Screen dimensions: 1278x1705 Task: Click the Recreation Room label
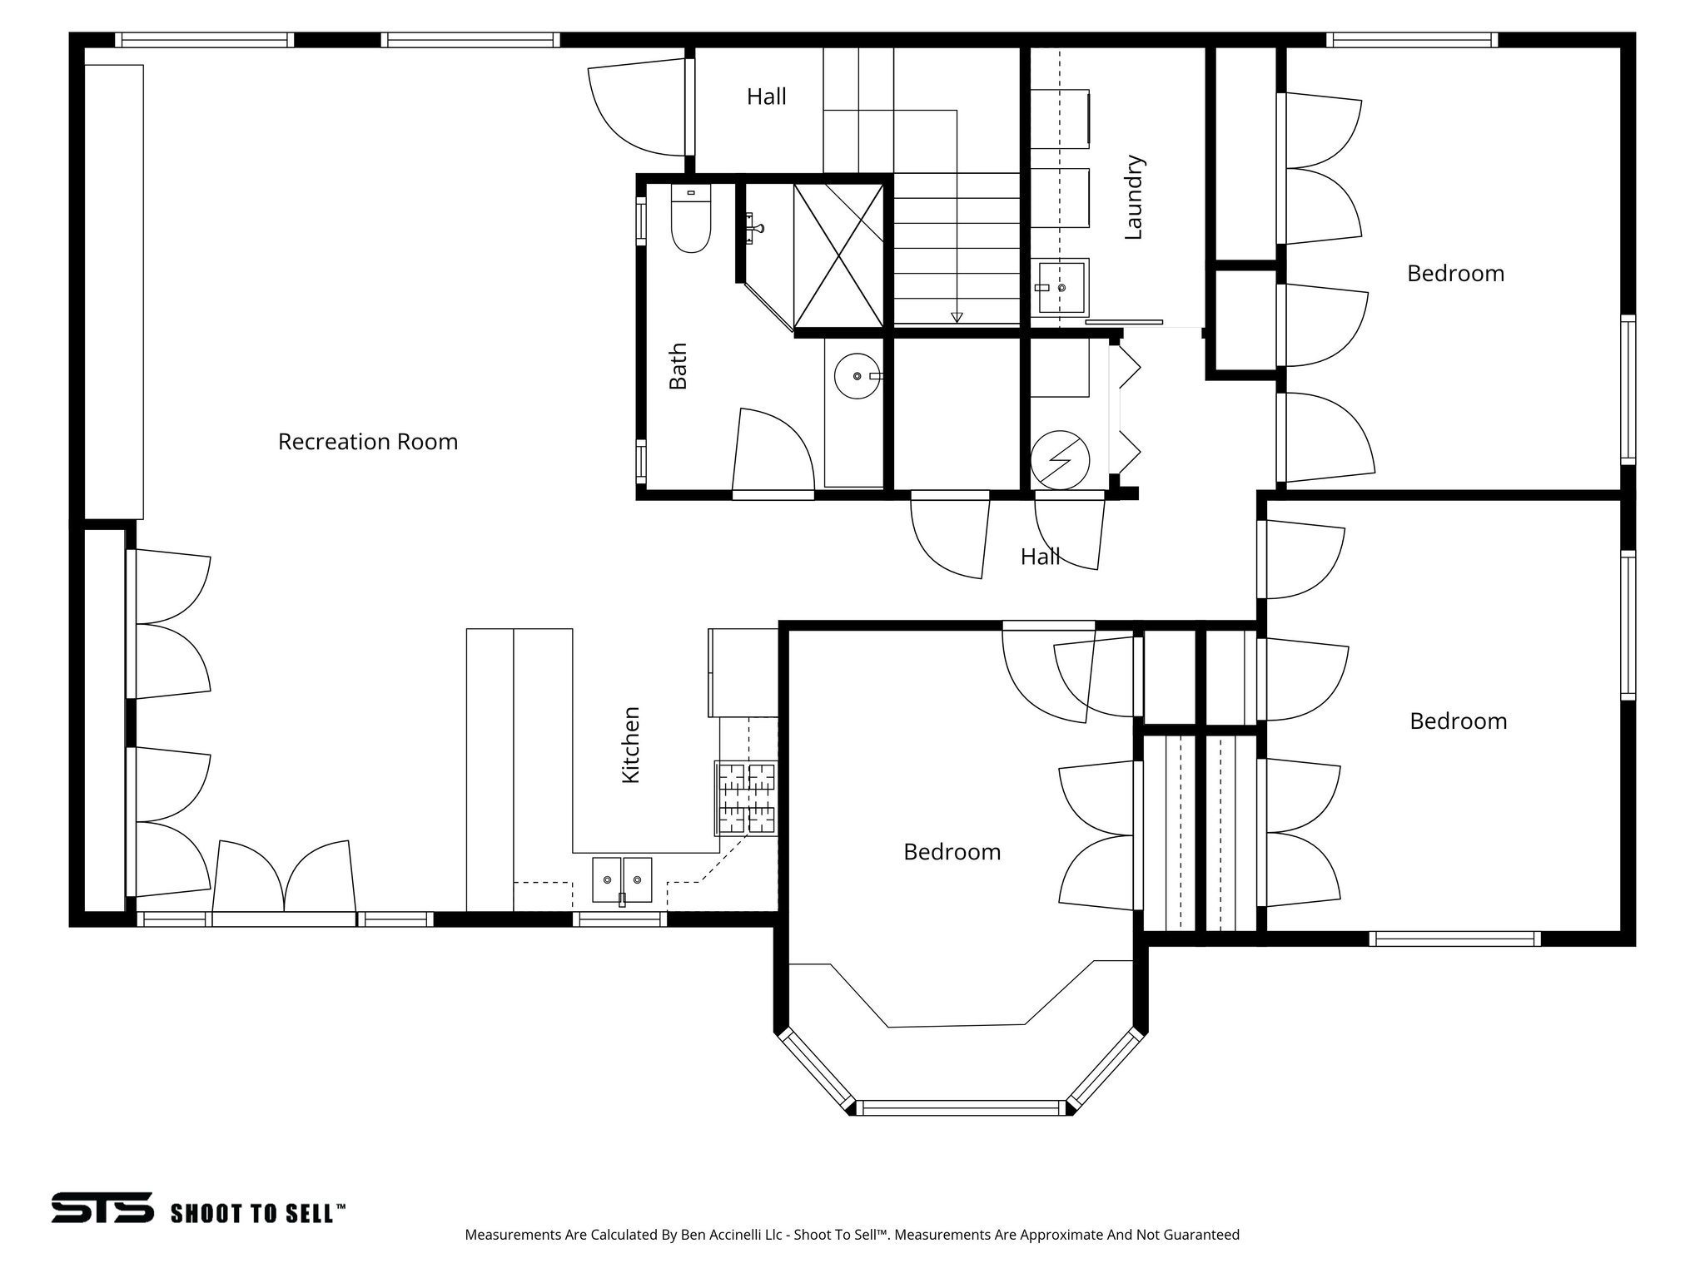point(368,442)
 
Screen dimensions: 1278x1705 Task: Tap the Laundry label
point(1134,198)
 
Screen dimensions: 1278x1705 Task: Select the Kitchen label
point(631,745)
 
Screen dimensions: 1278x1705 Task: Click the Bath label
point(679,366)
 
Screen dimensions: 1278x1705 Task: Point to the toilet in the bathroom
point(691,220)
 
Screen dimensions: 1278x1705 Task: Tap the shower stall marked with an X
point(838,255)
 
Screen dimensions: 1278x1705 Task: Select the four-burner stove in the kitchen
point(747,798)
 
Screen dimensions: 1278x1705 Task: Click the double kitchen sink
point(623,879)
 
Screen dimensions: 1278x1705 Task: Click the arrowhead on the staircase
point(957,317)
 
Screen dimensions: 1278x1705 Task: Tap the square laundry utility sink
point(1062,286)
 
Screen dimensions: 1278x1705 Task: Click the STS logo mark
point(102,1207)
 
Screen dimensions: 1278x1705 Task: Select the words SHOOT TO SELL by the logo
point(256,1213)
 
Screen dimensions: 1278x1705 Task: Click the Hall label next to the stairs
point(766,97)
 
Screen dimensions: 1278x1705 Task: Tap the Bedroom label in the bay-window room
point(952,852)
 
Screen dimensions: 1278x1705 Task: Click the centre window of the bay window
point(961,1107)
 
